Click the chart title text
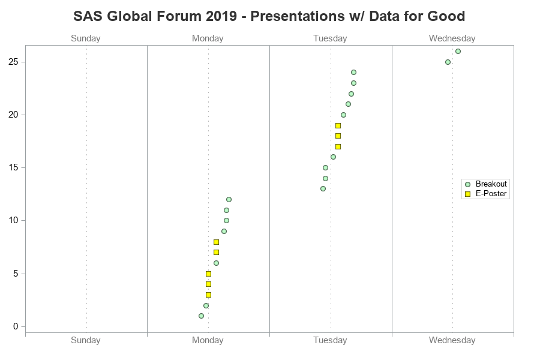269,16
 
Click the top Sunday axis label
86,38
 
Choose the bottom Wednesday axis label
452,340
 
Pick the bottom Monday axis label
208,340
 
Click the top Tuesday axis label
330,38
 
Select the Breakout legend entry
486,184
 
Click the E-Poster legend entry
486,194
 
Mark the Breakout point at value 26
458,51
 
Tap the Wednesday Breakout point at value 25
448,62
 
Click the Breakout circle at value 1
201,316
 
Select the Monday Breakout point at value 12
229,199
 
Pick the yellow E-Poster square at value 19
338,125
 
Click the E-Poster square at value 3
208,295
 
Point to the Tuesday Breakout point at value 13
323,188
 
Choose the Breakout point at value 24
353,72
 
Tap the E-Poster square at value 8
216,242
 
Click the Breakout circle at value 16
333,157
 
